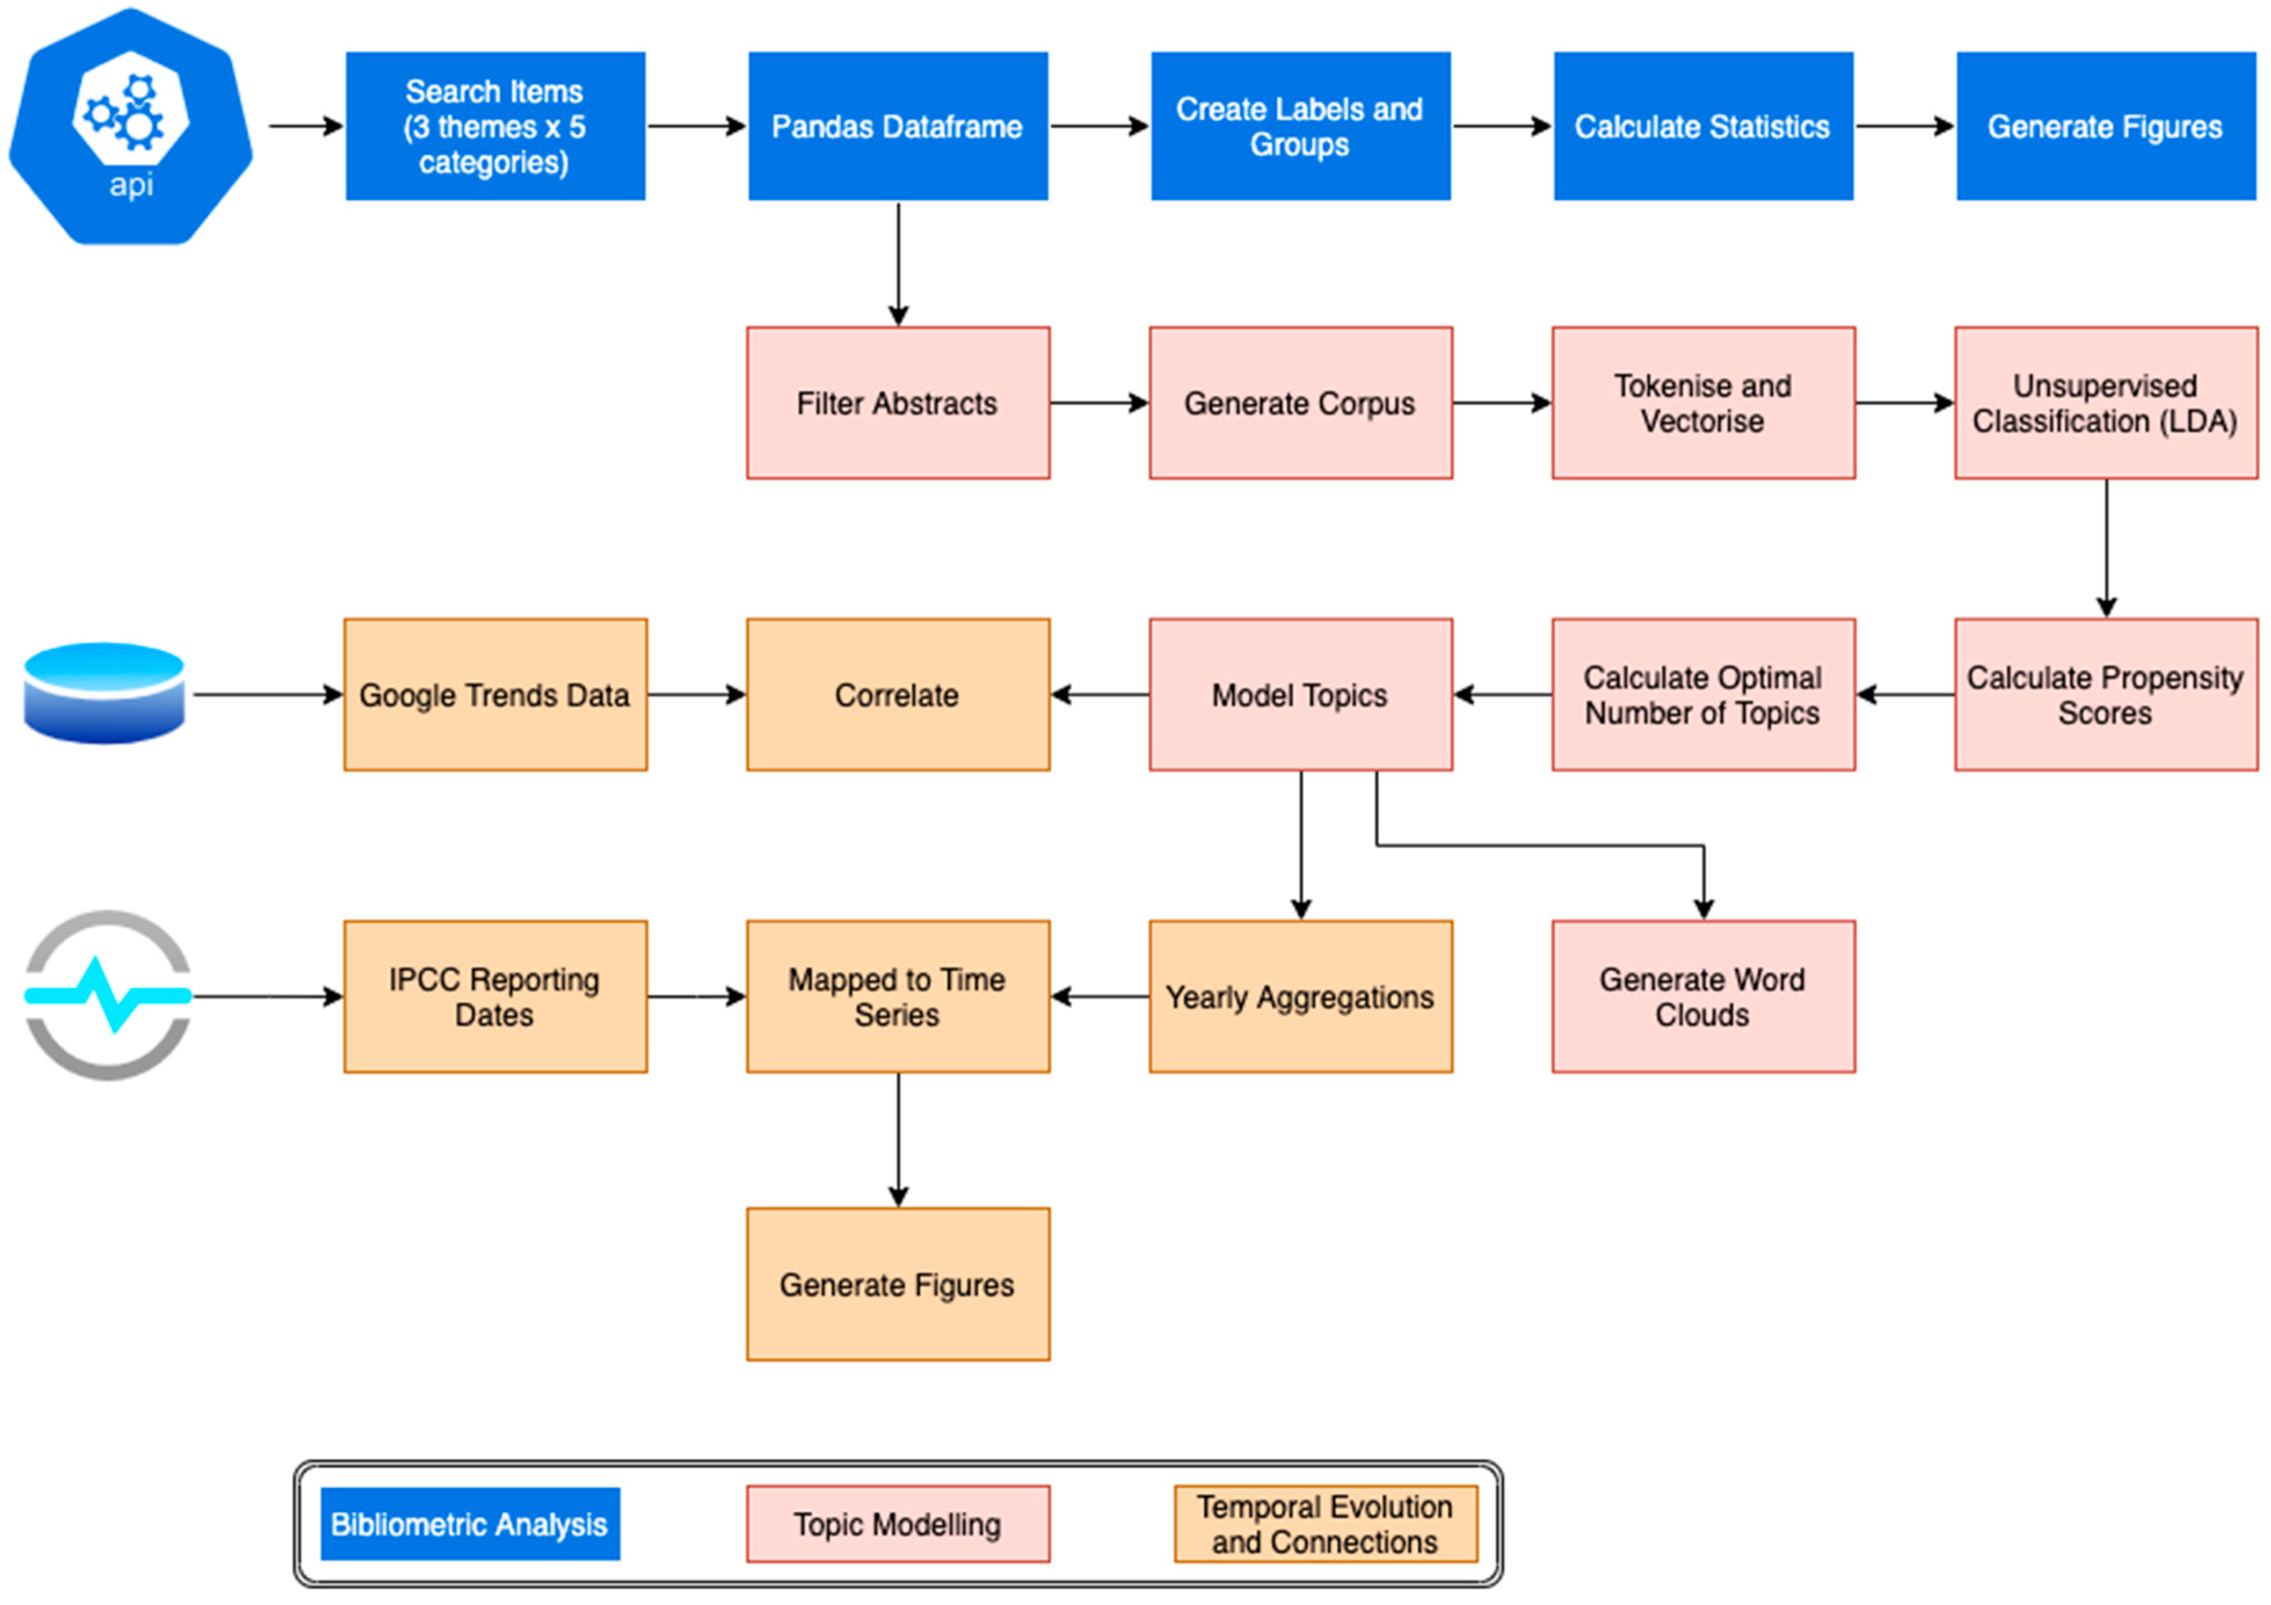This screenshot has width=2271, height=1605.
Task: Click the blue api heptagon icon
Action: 130,126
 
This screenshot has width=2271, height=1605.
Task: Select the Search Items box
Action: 494,126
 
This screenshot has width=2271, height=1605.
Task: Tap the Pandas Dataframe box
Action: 897,126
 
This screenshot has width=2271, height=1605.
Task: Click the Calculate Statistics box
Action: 1702,126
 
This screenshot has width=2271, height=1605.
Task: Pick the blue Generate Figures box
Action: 2105,126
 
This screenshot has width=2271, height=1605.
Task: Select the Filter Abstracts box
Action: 897,403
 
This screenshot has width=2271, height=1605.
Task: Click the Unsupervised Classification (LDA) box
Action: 2105,403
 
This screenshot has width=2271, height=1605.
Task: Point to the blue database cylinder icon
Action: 104,693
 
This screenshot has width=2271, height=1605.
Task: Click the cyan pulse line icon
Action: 107,994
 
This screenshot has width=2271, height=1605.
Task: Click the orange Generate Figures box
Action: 897,1284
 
